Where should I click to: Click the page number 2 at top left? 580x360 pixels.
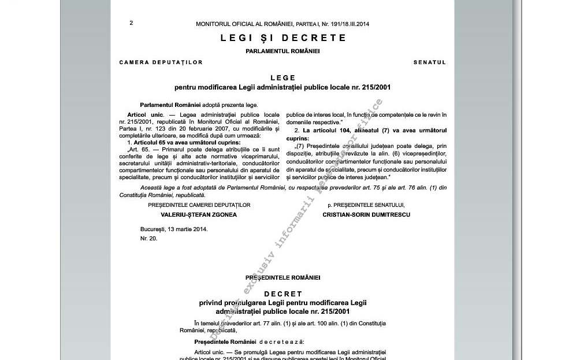tap(131, 23)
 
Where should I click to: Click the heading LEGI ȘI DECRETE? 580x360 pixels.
tap(283, 38)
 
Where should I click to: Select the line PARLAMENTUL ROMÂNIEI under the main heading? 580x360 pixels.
tap(282, 51)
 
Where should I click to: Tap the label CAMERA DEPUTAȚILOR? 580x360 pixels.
tap(161, 62)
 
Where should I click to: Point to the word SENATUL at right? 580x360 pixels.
tap(429, 62)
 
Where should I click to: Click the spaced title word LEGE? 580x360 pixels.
tap(282, 78)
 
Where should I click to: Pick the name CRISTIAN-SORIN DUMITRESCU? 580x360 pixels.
tap(366, 214)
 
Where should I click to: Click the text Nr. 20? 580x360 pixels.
tap(148, 238)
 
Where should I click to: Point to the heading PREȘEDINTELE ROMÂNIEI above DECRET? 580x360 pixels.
tap(282, 278)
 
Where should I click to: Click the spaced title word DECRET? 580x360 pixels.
tap(282, 294)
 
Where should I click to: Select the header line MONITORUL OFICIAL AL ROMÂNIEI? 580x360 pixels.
tap(282, 24)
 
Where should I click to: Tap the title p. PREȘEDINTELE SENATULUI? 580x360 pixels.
tap(366, 205)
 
